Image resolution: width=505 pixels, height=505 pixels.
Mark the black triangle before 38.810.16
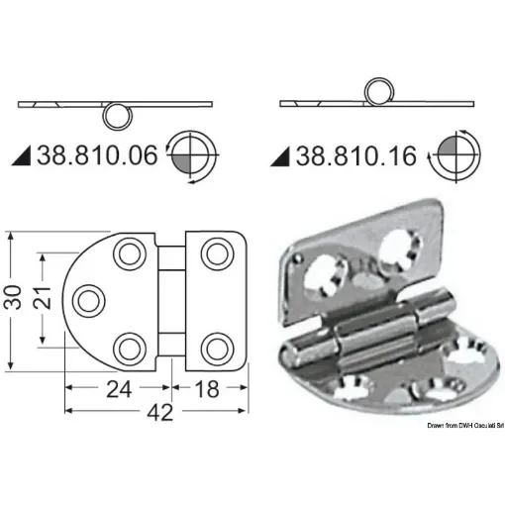(279, 156)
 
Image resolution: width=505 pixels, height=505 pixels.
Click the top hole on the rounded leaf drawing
(129, 253)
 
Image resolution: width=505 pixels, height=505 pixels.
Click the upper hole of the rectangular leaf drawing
(215, 254)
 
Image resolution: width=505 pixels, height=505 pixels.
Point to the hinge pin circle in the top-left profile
(117, 114)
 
